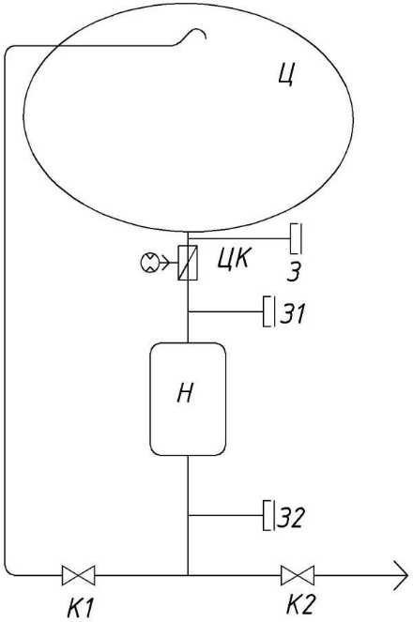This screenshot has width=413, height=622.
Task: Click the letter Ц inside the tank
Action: [x=286, y=75]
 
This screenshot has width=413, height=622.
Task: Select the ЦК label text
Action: [x=234, y=259]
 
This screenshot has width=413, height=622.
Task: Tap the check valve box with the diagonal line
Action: [x=188, y=263]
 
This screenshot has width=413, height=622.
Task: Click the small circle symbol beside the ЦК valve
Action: [x=150, y=263]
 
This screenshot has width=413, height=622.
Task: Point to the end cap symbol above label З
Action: [x=296, y=238]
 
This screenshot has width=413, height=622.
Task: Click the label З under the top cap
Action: [x=294, y=271]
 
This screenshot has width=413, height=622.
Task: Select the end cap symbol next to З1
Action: [x=269, y=311]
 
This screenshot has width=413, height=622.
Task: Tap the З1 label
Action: [x=293, y=313]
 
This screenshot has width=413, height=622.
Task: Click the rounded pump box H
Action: [x=188, y=399]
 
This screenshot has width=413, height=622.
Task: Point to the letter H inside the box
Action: [x=185, y=393]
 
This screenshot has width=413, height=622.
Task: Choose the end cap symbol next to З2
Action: [x=269, y=515]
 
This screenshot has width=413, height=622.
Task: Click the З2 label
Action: [x=292, y=518]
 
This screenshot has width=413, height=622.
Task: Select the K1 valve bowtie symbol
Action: [x=79, y=575]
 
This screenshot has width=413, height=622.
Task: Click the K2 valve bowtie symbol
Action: [x=298, y=575]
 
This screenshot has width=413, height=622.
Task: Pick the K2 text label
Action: [x=301, y=604]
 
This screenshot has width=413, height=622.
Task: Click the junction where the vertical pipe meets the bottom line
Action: [x=188, y=575]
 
